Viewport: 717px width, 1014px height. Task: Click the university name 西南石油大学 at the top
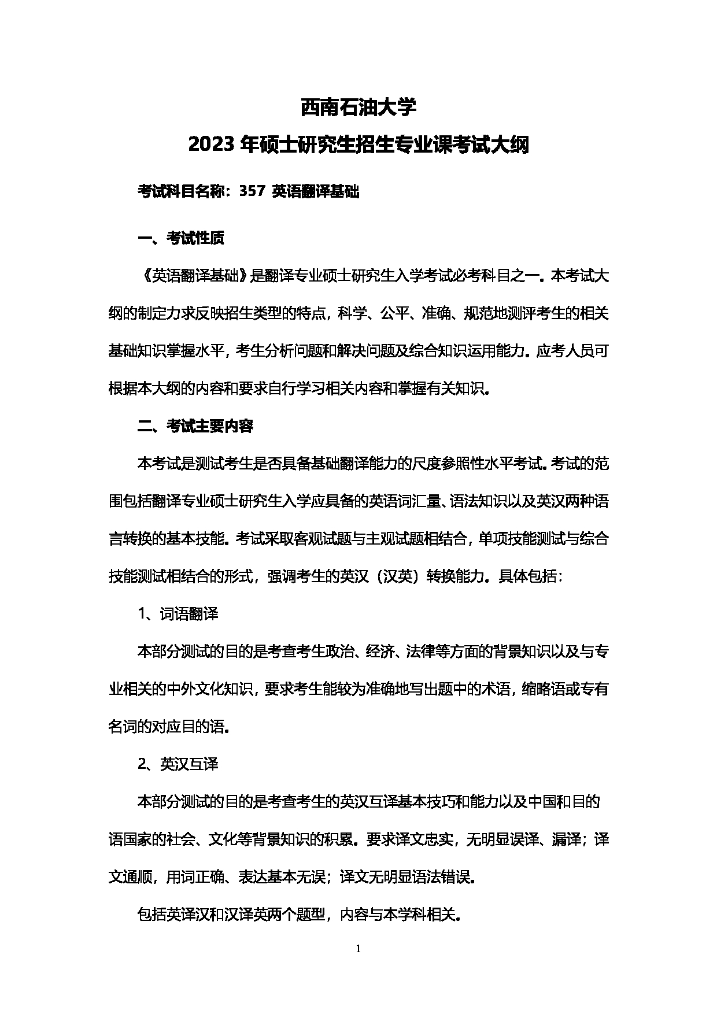click(x=358, y=108)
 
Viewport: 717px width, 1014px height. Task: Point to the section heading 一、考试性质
click(x=180, y=238)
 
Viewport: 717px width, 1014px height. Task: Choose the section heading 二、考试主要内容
click(x=195, y=426)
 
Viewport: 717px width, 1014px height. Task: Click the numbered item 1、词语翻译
click(x=178, y=614)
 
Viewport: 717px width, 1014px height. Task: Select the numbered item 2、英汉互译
click(x=178, y=764)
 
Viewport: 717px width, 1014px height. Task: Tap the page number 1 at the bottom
click(x=358, y=948)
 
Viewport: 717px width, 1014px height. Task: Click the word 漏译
click(x=566, y=839)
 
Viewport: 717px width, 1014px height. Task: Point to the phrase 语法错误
click(x=442, y=877)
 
